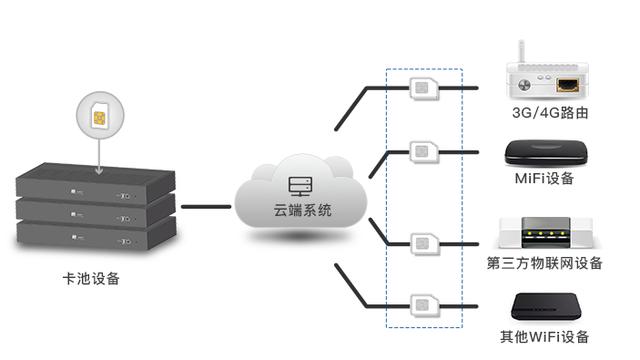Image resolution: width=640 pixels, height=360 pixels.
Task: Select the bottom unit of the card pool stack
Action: coord(96,235)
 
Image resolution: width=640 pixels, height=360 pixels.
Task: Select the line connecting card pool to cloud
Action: coord(206,208)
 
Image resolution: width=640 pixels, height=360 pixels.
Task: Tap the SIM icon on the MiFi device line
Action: coord(424,151)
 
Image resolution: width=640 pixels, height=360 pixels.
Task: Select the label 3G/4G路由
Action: coord(549,113)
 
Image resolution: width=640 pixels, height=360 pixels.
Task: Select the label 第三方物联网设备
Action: coord(545,264)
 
